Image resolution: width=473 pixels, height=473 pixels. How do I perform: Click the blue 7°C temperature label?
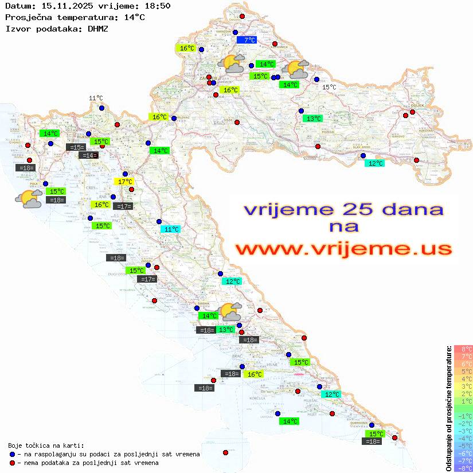(x=248, y=40)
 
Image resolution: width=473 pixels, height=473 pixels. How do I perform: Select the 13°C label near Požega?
(x=312, y=119)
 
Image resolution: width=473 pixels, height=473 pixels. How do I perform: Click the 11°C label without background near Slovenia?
(x=96, y=99)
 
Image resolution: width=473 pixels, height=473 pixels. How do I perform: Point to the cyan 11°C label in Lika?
(x=170, y=229)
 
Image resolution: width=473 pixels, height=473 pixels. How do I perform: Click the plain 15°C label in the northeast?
(x=329, y=87)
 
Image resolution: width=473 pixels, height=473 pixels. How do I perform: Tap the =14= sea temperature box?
(x=88, y=155)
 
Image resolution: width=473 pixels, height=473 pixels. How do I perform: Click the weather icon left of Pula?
(x=29, y=199)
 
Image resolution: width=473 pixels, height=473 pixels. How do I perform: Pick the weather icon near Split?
(x=232, y=311)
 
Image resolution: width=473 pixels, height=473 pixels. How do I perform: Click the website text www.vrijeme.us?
(x=343, y=249)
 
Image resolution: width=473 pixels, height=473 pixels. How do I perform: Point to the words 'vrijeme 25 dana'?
(x=343, y=209)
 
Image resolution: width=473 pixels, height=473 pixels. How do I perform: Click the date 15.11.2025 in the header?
(x=60, y=6)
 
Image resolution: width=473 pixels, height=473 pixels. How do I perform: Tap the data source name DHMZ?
(x=97, y=28)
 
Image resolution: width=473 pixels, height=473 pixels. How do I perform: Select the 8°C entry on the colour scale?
(x=463, y=349)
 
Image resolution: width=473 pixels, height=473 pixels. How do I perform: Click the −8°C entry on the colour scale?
(x=463, y=468)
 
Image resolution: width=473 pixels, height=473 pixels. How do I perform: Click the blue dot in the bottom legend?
(x=12, y=454)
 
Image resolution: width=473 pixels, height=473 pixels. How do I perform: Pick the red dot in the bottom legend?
(x=12, y=463)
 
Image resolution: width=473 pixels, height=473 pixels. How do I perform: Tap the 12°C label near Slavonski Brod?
(x=376, y=163)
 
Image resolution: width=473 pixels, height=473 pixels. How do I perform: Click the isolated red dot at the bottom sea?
(x=225, y=452)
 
